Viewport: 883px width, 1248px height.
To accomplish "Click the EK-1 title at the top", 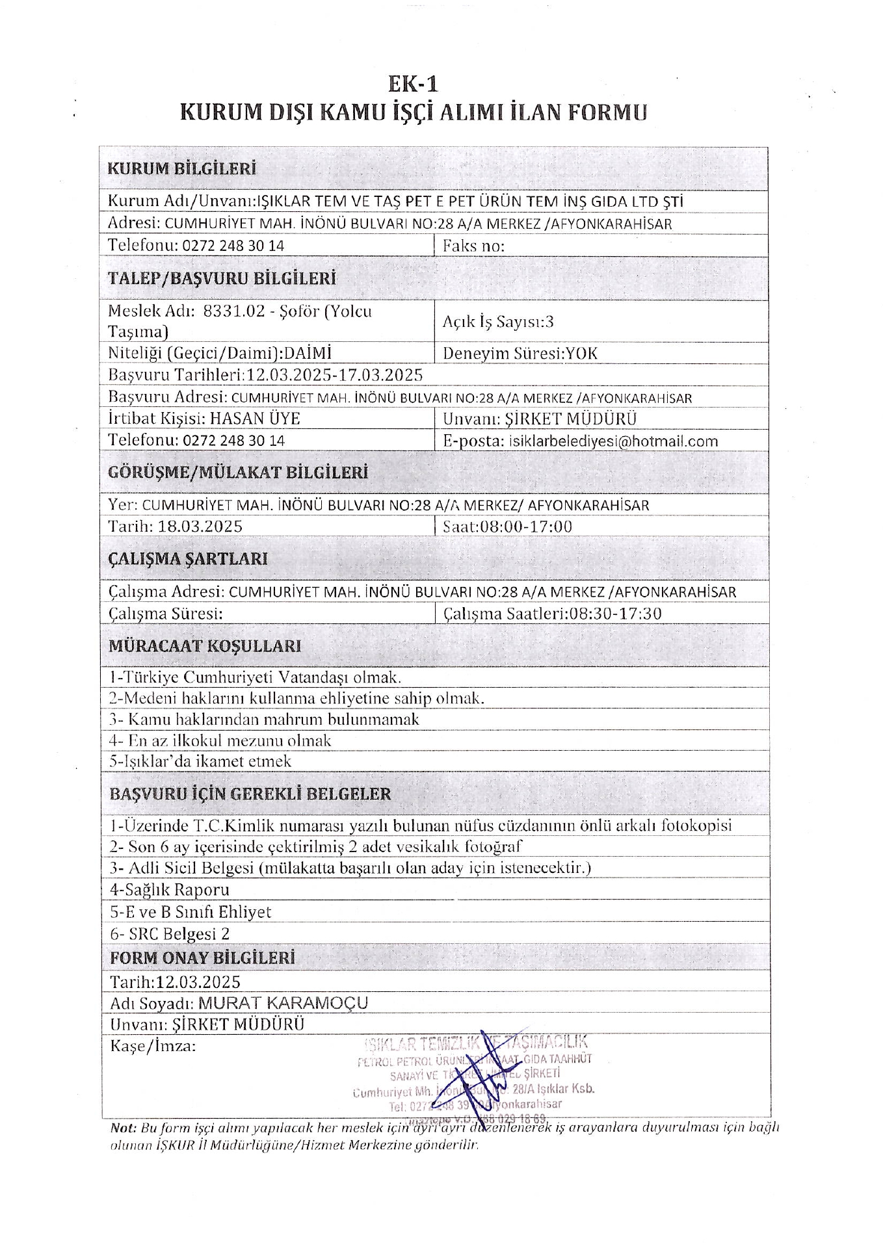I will tap(413, 84).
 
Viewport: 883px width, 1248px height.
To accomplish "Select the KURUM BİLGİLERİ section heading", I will tap(181, 169).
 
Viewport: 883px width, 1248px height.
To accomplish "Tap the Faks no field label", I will tap(473, 246).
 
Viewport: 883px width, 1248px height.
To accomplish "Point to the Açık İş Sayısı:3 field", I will tap(498, 322).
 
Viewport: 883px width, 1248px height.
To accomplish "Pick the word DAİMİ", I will tap(308, 354).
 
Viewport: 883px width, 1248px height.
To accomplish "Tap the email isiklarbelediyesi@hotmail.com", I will tap(613, 441).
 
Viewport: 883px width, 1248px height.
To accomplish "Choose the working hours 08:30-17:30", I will tap(614, 614).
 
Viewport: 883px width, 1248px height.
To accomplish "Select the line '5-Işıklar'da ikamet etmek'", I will tap(200, 761).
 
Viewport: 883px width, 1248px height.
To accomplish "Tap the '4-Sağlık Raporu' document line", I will tap(170, 890).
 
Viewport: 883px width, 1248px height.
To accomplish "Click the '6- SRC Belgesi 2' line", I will tap(170, 934).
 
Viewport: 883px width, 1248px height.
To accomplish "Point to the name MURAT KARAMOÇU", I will tap(283, 1003).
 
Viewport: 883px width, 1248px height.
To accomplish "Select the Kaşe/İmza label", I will tap(153, 1046).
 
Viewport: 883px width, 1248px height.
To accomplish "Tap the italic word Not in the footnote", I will tap(124, 1128).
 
